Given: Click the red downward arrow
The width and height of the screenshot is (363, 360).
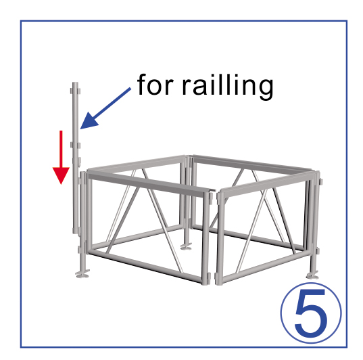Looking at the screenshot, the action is tap(61, 158).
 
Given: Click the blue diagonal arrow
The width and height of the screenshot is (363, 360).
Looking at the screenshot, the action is tap(105, 108).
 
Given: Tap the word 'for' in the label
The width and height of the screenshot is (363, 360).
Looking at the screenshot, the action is tap(155, 85).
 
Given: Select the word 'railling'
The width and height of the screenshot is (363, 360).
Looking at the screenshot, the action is tap(228, 87).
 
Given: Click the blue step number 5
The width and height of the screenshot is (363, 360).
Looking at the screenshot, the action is tap(311, 313).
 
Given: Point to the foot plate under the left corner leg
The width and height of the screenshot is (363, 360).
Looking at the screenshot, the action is tap(82, 275).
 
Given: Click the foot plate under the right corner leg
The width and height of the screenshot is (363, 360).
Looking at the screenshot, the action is tap(312, 276).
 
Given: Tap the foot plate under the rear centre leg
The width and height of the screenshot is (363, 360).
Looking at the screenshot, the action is tap(186, 248).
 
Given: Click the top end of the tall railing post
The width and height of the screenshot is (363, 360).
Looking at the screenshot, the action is tap(75, 83).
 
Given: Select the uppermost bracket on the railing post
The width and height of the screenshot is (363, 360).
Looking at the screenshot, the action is tap(76, 91).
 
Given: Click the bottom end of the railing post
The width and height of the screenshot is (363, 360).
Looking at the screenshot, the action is tap(76, 233).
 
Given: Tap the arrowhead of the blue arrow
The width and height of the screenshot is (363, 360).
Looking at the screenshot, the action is tap(89, 121).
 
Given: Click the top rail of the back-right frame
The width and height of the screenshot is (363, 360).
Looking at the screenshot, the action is tap(251, 164).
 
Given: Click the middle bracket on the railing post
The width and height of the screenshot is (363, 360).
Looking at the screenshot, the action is tap(76, 145).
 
